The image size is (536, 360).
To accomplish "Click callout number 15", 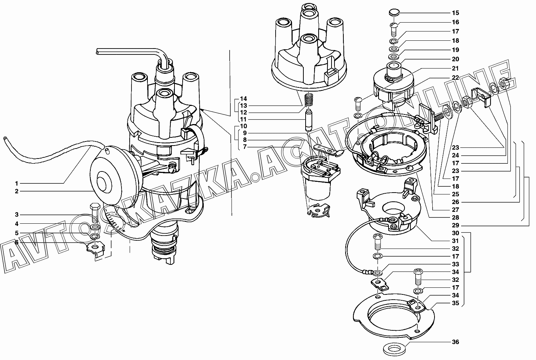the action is click(455, 13).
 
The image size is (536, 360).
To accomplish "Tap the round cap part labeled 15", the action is click(394, 13).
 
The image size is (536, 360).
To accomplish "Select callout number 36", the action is click(455, 342).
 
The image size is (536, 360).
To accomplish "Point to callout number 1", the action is click(17, 183).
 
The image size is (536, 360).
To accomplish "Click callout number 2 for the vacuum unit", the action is click(17, 191).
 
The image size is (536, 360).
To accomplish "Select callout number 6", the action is click(17, 242).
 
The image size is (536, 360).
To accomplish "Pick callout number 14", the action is click(243, 99).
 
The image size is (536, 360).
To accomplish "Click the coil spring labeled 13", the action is click(308, 100).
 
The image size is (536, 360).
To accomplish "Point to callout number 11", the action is click(243, 119).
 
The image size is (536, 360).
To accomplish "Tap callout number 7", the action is click(245, 147).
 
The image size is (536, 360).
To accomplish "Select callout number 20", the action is click(455, 59).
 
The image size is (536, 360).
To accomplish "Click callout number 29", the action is click(455, 225).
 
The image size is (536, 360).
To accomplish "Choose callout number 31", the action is click(455, 241).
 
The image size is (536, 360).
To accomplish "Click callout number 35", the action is click(455, 303).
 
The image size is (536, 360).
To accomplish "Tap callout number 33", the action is click(455, 264).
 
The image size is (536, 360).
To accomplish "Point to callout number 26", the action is click(455, 202).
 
